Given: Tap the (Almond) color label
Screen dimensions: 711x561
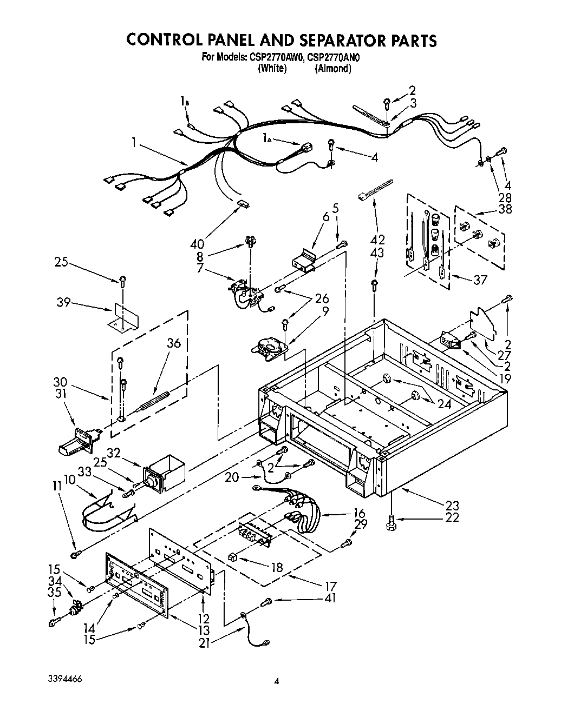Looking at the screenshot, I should [333, 69].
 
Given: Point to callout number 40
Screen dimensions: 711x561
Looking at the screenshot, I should [198, 243].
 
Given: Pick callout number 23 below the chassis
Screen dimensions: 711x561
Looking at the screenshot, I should [452, 506].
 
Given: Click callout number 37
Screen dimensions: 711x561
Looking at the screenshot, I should [480, 280].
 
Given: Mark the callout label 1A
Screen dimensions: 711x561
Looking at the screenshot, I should [266, 139].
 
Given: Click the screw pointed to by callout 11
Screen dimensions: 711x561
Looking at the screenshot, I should [75, 554].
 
